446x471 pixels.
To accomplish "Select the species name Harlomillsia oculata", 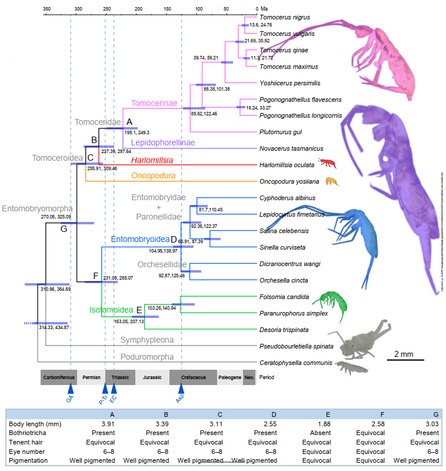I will click(287, 165).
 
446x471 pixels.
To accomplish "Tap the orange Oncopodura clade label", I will click(154, 175).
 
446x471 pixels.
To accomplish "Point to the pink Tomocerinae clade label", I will click(154, 104).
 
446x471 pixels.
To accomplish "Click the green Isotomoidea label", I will click(111, 310).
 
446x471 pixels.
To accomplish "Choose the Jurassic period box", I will click(152, 377).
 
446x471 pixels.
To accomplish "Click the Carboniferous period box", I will click(59, 377).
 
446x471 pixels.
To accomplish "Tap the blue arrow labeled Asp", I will click(181, 388).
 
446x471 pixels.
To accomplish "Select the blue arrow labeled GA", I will click(71, 388).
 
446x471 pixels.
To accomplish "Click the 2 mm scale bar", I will click(405, 360).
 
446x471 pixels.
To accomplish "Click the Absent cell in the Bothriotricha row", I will click(317, 433).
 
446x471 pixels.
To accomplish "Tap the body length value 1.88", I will click(317, 424).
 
